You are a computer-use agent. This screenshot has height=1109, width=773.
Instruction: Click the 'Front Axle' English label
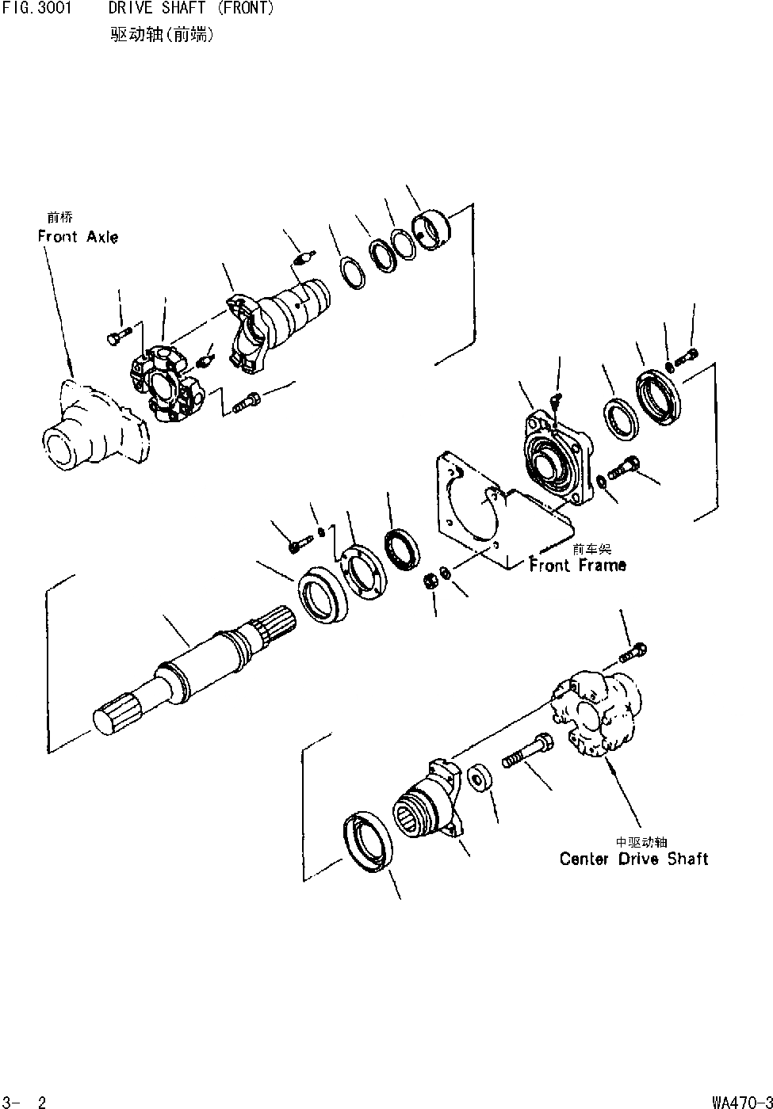point(78,236)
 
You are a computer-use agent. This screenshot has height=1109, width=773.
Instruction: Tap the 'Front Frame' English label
point(578,565)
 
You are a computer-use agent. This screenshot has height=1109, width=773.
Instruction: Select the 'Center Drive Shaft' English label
point(633,859)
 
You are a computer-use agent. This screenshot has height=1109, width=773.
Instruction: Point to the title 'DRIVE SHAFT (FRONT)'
point(192,9)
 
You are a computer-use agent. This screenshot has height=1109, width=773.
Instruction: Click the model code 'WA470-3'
point(740,1101)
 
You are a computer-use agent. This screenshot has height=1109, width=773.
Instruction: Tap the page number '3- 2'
point(25,1101)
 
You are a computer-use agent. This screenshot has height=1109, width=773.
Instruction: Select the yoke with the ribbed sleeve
point(277,321)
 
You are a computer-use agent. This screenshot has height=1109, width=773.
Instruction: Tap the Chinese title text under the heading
point(163,36)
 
